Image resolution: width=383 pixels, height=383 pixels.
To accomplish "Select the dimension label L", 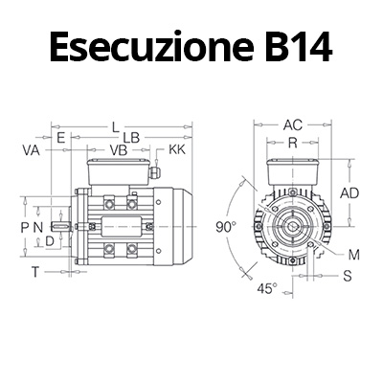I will [115, 126].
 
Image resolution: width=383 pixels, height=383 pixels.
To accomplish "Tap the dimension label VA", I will [30, 151].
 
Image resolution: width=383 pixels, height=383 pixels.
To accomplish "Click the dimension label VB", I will [119, 151].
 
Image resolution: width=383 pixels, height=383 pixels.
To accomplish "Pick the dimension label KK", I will [177, 151].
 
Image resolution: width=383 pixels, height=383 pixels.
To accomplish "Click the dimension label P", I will [25, 226].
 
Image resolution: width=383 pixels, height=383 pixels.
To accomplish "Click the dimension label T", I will [35, 272].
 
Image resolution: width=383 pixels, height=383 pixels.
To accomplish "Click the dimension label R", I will [291, 142].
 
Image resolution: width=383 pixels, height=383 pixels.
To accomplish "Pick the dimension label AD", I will [349, 192].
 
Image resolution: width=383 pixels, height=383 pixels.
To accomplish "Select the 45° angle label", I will [268, 287].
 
